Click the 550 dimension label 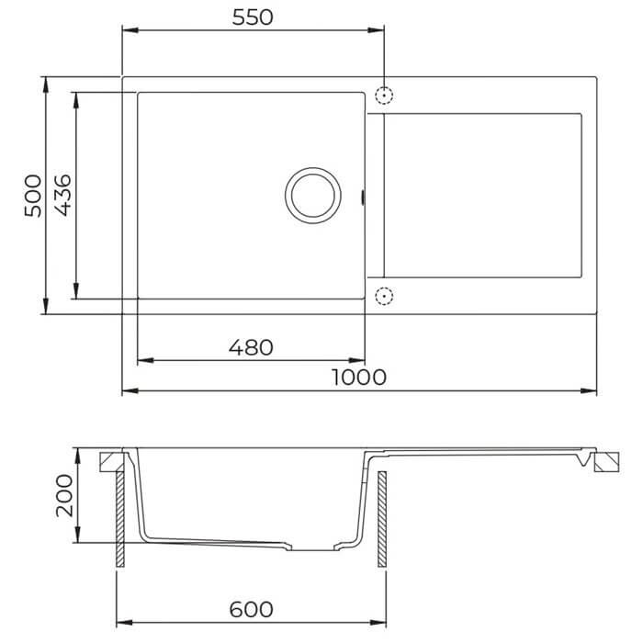(253, 17)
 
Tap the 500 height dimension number (33, 196)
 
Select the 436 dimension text (63, 195)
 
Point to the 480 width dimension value (251, 347)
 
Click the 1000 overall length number (359, 378)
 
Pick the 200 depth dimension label (64, 496)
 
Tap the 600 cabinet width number (251, 609)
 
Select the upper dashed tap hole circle (384, 96)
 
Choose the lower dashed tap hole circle (384, 296)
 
